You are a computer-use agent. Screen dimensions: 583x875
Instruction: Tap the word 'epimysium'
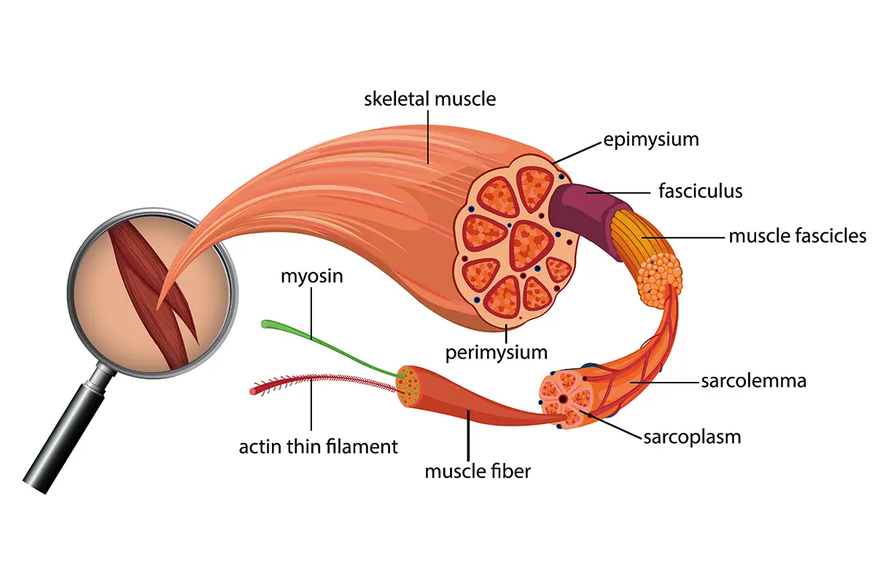tap(651, 139)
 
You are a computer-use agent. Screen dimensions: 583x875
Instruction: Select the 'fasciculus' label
tap(700, 192)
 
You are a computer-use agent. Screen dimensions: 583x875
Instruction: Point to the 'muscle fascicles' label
tap(798, 236)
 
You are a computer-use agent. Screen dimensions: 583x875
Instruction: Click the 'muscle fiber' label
tap(478, 471)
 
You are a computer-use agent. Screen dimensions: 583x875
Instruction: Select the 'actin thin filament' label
tap(319, 446)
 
